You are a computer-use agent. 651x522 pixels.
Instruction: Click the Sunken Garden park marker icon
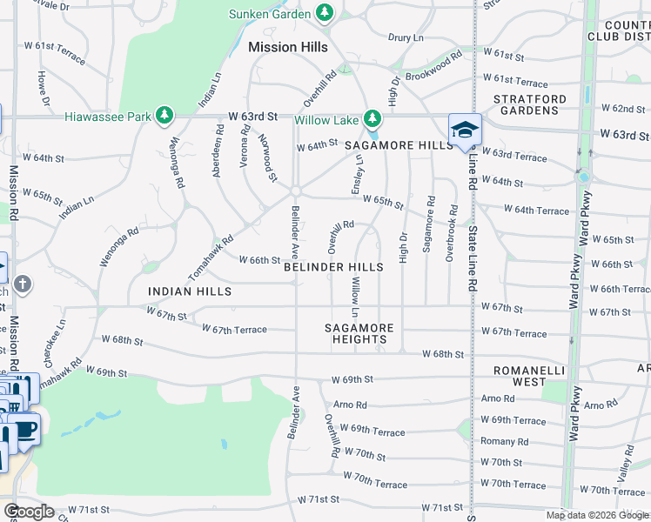tap(325, 13)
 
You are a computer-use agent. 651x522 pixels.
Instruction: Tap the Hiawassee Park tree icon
tap(164, 116)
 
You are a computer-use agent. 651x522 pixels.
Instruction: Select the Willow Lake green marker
tap(372, 118)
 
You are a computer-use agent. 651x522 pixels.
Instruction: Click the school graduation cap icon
tap(465, 130)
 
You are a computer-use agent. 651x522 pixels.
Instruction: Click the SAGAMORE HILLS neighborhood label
tap(399, 145)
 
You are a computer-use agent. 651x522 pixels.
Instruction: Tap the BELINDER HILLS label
tap(333, 267)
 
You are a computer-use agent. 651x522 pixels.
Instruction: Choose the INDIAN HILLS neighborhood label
tap(190, 291)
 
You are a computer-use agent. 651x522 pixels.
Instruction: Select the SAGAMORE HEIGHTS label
tap(359, 333)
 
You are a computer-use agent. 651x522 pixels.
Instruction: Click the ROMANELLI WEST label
tap(530, 377)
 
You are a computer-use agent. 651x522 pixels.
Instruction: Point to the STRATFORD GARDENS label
tap(530, 104)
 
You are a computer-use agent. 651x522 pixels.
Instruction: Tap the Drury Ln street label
tap(406, 38)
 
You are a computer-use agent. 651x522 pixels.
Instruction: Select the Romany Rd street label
tap(504, 442)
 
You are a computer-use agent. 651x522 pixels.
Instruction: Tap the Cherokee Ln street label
tap(59, 335)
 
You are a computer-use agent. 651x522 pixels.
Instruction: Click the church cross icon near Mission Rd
tap(23, 284)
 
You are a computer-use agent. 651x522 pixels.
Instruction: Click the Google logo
tap(29, 512)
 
